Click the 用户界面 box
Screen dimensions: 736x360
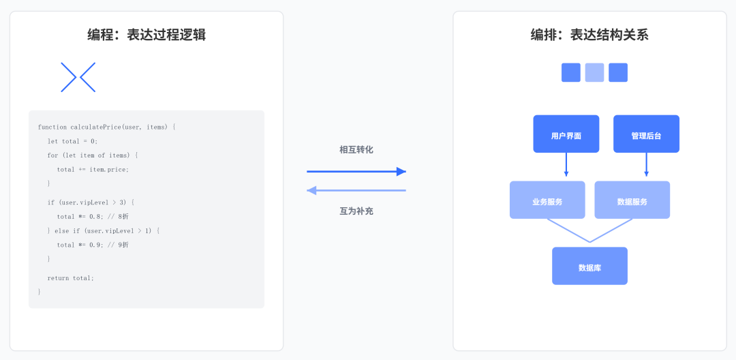point(566,134)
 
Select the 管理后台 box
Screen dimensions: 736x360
point(646,134)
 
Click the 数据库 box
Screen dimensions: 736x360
point(589,266)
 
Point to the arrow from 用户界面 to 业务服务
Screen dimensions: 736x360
point(566,166)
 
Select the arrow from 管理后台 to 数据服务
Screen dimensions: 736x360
point(647,166)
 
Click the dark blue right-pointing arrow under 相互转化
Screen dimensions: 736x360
point(356,172)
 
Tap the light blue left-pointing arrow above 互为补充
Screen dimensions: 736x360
point(356,190)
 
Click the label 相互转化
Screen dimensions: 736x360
point(356,149)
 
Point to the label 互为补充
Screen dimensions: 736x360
point(356,211)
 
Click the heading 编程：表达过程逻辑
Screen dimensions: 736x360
point(147,35)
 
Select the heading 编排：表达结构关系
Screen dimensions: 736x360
point(589,35)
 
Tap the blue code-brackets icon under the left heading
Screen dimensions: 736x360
point(78,77)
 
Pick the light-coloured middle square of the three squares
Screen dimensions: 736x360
point(594,72)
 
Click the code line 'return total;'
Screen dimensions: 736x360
point(71,278)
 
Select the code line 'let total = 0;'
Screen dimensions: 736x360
point(72,141)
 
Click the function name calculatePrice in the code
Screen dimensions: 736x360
point(95,127)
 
